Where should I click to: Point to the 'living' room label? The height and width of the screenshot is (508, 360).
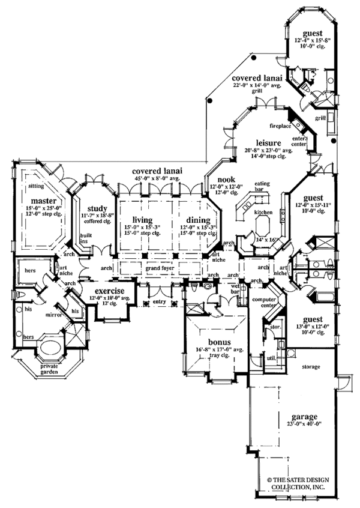click(x=142, y=220)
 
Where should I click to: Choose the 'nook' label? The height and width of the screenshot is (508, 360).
click(x=226, y=180)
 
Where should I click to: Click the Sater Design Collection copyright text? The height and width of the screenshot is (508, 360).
click(x=310, y=484)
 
